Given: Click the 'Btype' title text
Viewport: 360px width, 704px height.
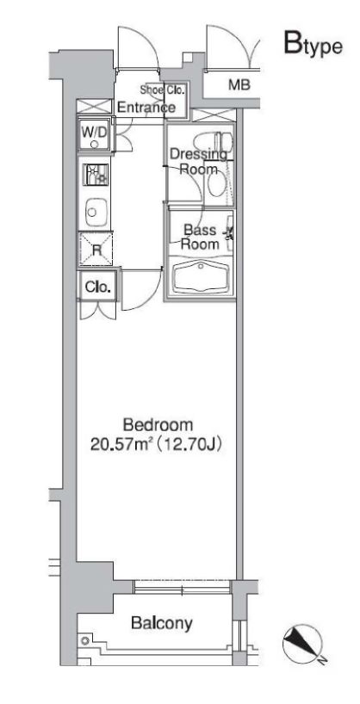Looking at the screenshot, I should coord(313,46).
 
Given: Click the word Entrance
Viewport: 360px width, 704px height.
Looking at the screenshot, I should coord(146,108).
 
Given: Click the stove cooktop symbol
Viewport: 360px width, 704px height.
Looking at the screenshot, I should coord(95,175).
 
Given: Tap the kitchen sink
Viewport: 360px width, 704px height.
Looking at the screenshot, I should coord(94,210).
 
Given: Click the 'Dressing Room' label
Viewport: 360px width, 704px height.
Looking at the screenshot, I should coord(197,162).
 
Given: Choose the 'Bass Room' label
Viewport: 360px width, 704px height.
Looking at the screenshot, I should coord(200,236).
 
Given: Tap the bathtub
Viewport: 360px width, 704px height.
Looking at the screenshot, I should coord(200,277).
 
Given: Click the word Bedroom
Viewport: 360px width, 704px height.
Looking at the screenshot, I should coord(158,425).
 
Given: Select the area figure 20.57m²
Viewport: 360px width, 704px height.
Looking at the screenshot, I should coord(124,445).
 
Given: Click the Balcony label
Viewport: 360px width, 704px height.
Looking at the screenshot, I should coord(161,623).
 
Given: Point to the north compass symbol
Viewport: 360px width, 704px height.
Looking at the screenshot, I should coord(303,642).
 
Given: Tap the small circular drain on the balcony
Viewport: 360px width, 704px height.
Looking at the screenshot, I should coord(84,641).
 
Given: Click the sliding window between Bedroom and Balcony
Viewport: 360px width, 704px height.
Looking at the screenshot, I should coord(182,587).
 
